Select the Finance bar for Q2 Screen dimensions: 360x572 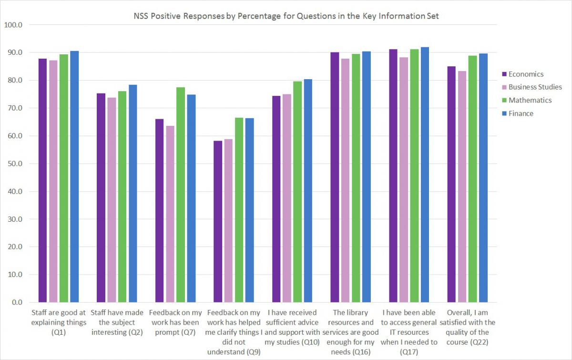click(x=133, y=193)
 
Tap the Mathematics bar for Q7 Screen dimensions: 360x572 click(x=180, y=195)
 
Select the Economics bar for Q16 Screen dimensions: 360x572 click(x=335, y=177)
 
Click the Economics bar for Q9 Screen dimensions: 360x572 click(x=217, y=221)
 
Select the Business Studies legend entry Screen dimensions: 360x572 click(x=535, y=87)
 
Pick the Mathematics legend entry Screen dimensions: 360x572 click(x=530, y=100)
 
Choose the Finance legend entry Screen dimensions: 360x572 click(x=521, y=113)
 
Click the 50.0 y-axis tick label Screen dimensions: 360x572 click(x=14, y=164)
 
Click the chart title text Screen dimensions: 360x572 click(x=286, y=16)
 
